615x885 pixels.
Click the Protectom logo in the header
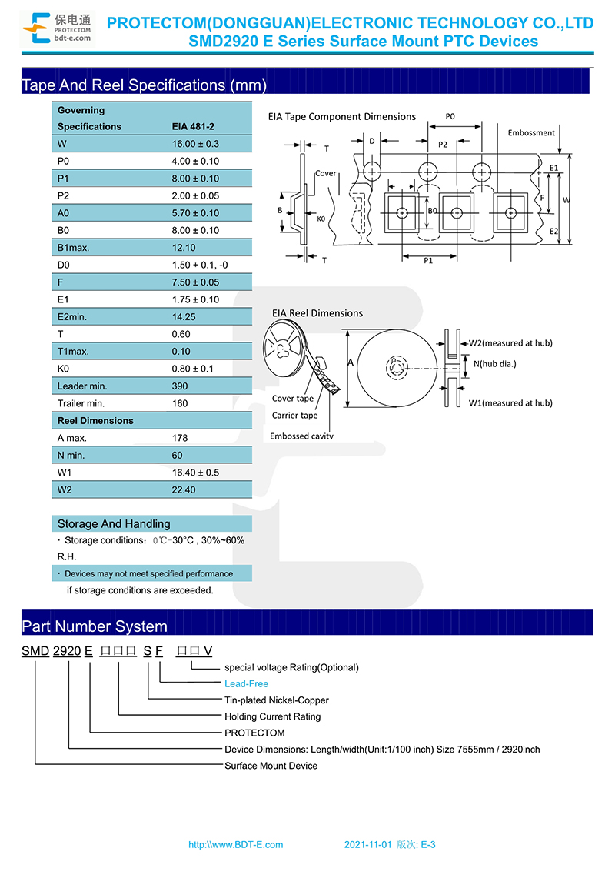[57, 28]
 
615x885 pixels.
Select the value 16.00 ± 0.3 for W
[195, 144]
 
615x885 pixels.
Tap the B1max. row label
[73, 248]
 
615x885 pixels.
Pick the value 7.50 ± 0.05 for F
[195, 282]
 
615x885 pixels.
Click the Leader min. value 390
[180, 386]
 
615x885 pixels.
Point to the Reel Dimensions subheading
[95, 420]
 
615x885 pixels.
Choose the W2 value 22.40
[183, 490]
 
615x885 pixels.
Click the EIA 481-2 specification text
[193, 126]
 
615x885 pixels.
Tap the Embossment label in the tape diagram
[531, 132]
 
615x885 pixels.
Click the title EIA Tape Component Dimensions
[341, 117]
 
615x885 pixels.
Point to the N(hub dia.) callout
[494, 364]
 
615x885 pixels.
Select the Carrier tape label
[294, 416]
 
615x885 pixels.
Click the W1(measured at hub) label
[510, 403]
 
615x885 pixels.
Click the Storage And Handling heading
[113, 524]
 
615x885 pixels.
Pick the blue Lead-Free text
[246, 683]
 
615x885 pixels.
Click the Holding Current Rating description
[272, 716]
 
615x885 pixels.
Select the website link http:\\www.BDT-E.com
[236, 844]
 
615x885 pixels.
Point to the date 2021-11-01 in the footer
[367, 844]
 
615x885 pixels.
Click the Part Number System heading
[94, 626]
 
